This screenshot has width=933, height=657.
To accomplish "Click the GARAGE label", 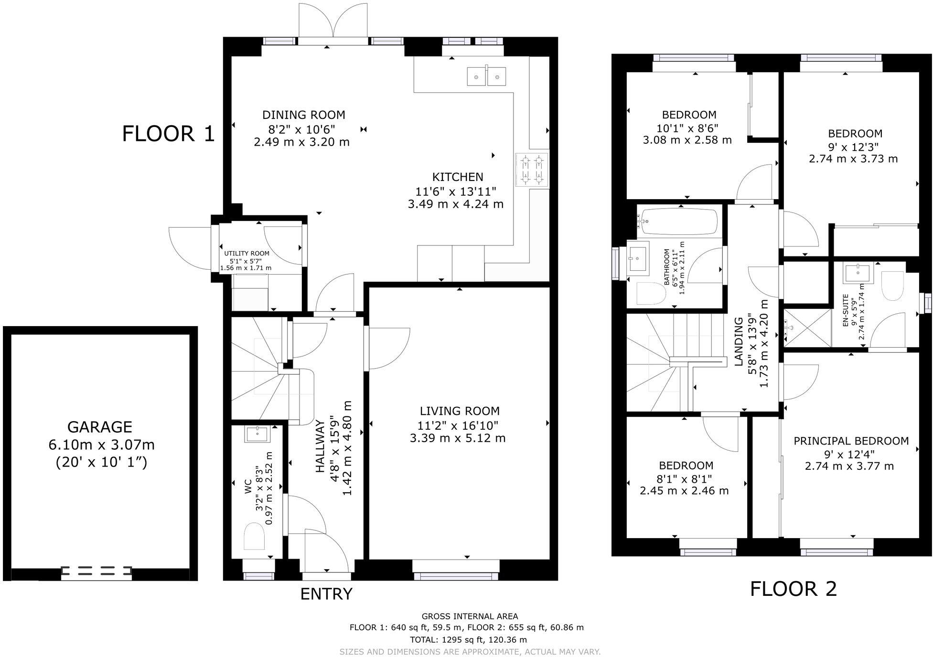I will tap(99, 426).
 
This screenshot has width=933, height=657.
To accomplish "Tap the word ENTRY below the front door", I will tap(326, 593).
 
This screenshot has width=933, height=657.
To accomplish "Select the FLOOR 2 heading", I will tap(793, 589).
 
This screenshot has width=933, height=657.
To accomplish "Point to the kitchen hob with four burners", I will tap(532, 170).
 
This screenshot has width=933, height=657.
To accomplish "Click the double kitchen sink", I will tap(486, 76).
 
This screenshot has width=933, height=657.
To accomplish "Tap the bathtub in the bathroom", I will tap(679, 221).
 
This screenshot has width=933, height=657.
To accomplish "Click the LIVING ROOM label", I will tap(460, 411).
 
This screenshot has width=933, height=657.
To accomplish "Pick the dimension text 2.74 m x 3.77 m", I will tap(849, 466).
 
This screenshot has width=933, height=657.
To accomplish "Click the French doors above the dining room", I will tap(333, 24).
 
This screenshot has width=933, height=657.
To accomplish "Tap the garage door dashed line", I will tap(96, 570).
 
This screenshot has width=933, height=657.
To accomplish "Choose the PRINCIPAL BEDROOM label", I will tap(851, 441).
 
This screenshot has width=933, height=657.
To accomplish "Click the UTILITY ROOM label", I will tap(247, 254).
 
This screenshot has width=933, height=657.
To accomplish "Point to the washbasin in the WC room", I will tap(257, 434).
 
